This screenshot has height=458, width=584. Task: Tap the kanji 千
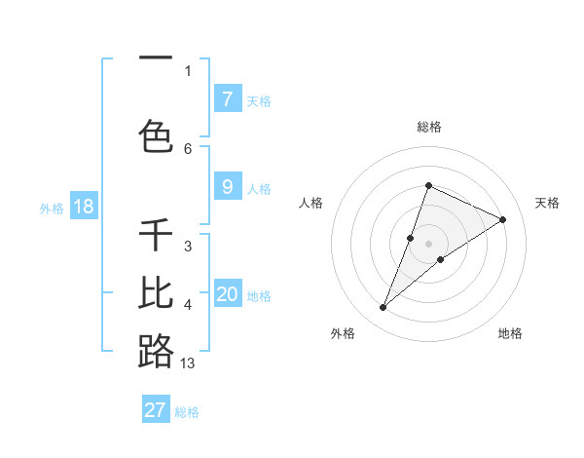pos(156,235)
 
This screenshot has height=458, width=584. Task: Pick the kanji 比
pos(156,292)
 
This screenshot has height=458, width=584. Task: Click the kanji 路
pos(156,351)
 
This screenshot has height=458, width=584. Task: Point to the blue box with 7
pos(227,98)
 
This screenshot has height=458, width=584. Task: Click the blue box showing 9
pos(227,187)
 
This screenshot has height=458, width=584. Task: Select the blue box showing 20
pos(228,294)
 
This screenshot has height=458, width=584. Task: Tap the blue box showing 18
pos(83,207)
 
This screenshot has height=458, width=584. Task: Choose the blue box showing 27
pos(156,410)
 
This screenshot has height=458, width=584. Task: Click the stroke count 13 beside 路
pos(188,363)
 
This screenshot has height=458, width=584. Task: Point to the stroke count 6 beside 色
pos(188,148)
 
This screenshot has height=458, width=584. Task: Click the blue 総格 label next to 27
pos(187,412)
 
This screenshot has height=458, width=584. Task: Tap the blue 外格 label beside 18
pos(52,209)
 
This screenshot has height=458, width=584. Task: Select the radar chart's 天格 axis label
pos(548,203)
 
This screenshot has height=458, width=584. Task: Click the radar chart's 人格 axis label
pos(311,203)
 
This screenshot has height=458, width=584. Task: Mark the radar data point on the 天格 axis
pos(503,219)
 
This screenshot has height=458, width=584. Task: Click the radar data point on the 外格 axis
pos(383,308)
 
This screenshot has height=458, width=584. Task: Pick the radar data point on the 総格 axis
pos(428,186)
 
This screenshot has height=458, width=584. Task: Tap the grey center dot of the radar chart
pos(428,244)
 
